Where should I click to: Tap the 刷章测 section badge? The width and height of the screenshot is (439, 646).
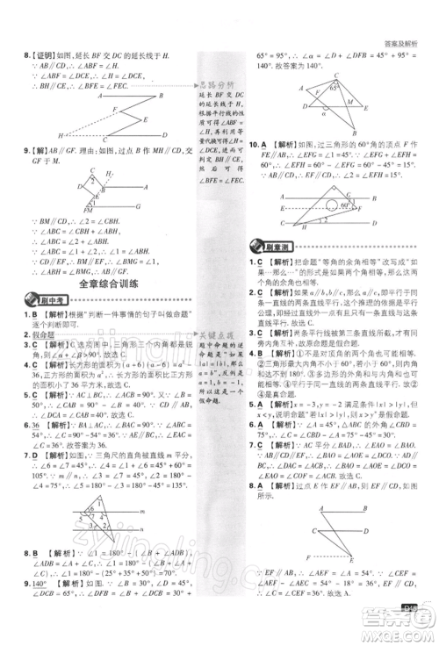point(271,243)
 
